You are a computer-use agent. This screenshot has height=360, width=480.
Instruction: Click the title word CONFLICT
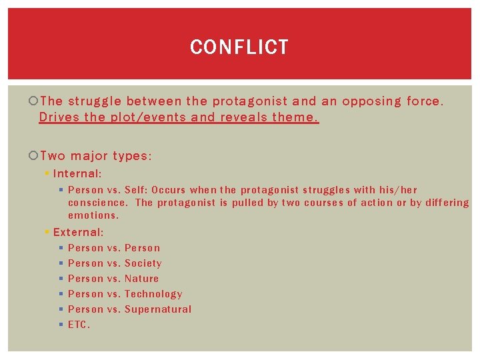[239, 47]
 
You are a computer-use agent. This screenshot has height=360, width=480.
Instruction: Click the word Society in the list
[143, 263]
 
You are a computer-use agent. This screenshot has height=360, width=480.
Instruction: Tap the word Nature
[141, 279]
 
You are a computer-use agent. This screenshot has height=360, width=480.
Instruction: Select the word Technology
[153, 294]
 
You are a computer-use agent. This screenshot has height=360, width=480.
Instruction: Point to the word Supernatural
[158, 309]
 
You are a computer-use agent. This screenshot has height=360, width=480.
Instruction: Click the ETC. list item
[79, 325]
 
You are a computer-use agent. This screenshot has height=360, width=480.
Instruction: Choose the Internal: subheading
[77, 173]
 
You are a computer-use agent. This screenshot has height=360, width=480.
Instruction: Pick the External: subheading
[78, 232]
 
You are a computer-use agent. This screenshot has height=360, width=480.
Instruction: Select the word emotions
[93, 215]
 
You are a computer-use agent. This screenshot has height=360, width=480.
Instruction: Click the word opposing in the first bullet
[370, 101]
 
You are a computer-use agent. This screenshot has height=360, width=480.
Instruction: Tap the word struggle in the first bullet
[94, 101]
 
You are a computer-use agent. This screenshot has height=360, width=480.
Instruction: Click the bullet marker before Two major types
[34, 156]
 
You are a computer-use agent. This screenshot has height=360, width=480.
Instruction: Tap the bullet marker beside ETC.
[60, 325]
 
